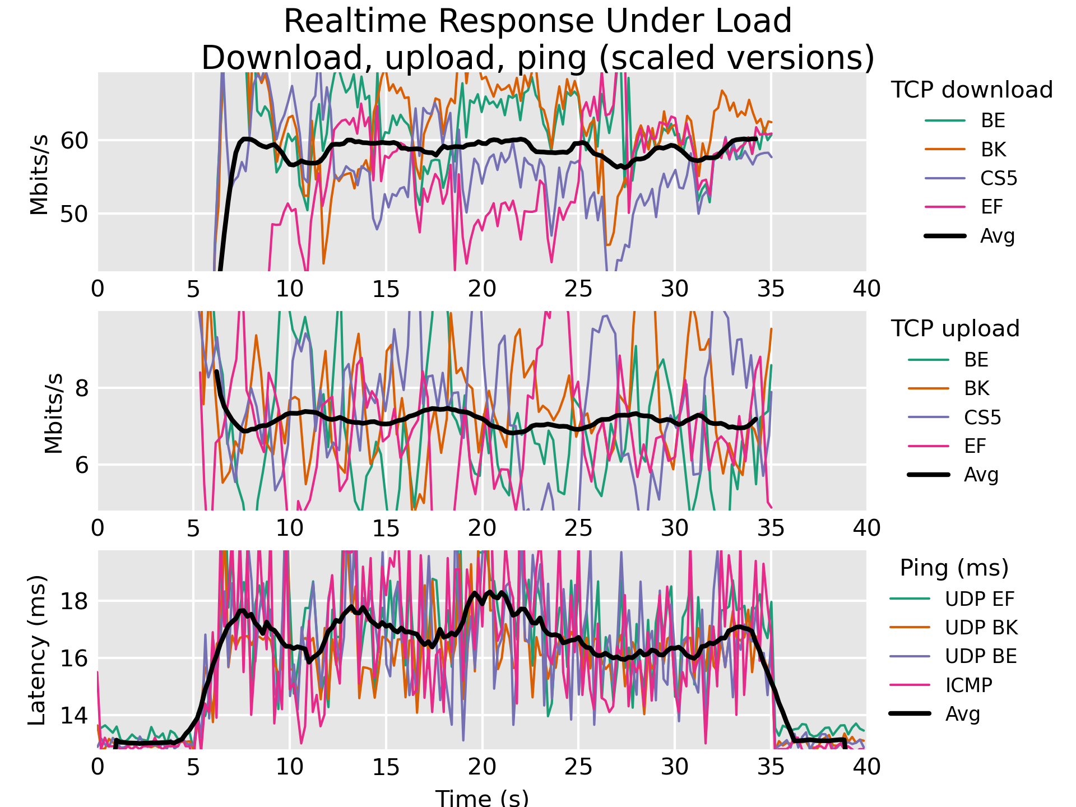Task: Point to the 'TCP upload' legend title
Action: (955, 329)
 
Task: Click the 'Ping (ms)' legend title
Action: (954, 568)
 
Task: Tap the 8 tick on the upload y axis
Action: (82, 388)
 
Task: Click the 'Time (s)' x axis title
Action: (482, 797)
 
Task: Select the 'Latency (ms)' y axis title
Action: (37, 650)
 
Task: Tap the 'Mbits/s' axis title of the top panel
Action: (39, 174)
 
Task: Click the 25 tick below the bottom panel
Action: (578, 767)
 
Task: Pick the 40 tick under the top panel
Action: (866, 289)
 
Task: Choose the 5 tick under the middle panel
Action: (193, 528)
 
